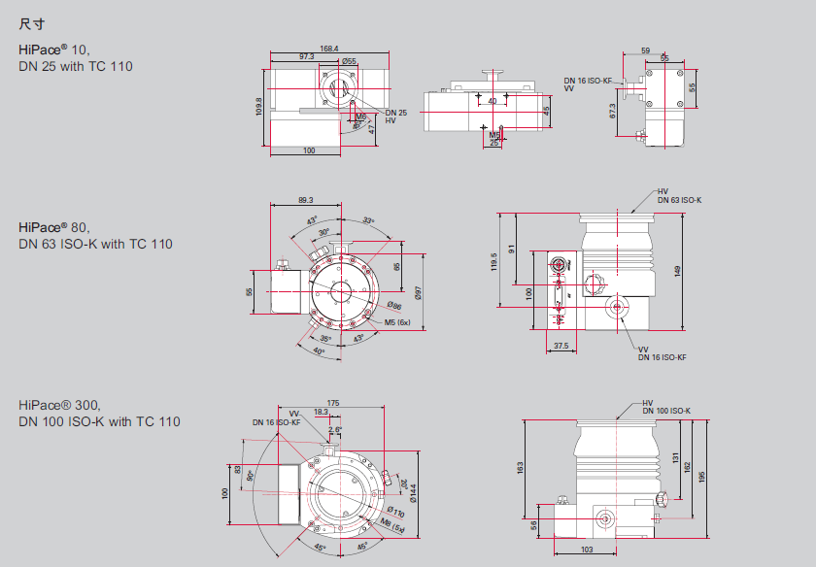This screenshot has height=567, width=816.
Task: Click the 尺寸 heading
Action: [x=32, y=22]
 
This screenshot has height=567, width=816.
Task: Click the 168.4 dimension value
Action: [x=328, y=49]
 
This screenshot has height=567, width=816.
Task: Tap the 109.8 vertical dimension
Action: [x=259, y=106]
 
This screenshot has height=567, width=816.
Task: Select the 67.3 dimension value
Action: [x=613, y=112]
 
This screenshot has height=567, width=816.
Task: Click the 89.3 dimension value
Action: [x=305, y=200]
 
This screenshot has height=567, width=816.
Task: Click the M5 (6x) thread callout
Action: [x=398, y=321]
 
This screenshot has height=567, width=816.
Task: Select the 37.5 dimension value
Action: [x=561, y=346]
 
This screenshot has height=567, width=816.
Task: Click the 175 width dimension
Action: [x=333, y=402]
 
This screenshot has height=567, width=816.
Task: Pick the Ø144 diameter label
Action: [x=412, y=494]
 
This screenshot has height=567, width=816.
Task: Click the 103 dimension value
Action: [x=587, y=550]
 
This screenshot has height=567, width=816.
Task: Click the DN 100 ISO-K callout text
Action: [x=666, y=411]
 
